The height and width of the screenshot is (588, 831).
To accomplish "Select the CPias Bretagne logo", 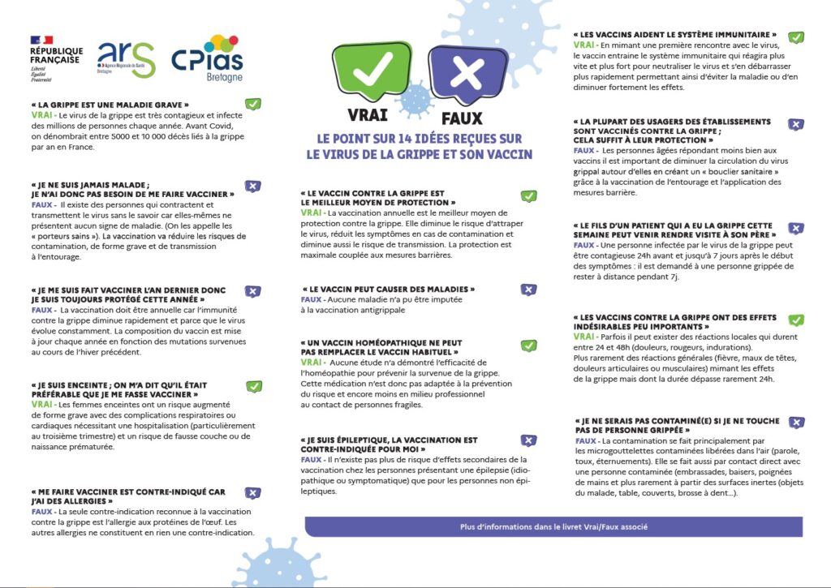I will (x=207, y=56).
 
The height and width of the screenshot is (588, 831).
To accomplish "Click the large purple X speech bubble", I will (x=467, y=73).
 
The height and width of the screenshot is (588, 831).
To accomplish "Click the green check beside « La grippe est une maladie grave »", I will (x=254, y=104).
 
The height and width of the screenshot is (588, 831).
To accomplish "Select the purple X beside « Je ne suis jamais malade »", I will (x=253, y=187).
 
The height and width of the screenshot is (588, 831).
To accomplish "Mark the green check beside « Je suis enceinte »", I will (x=254, y=386).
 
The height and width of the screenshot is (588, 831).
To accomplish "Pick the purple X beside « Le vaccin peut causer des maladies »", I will (x=528, y=289).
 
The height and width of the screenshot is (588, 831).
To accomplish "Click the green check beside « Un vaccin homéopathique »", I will (x=528, y=346).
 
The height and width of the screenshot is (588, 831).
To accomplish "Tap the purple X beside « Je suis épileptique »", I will (x=528, y=440).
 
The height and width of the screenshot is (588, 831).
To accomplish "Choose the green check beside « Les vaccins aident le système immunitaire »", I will (x=796, y=37).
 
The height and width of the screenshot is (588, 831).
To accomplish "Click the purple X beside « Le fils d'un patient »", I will (x=797, y=229).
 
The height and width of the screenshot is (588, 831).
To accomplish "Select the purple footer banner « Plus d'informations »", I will (x=553, y=526).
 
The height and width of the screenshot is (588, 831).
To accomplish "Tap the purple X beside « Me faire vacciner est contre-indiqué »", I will (x=253, y=493).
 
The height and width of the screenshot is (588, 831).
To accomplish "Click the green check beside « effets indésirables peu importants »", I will (x=797, y=320).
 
